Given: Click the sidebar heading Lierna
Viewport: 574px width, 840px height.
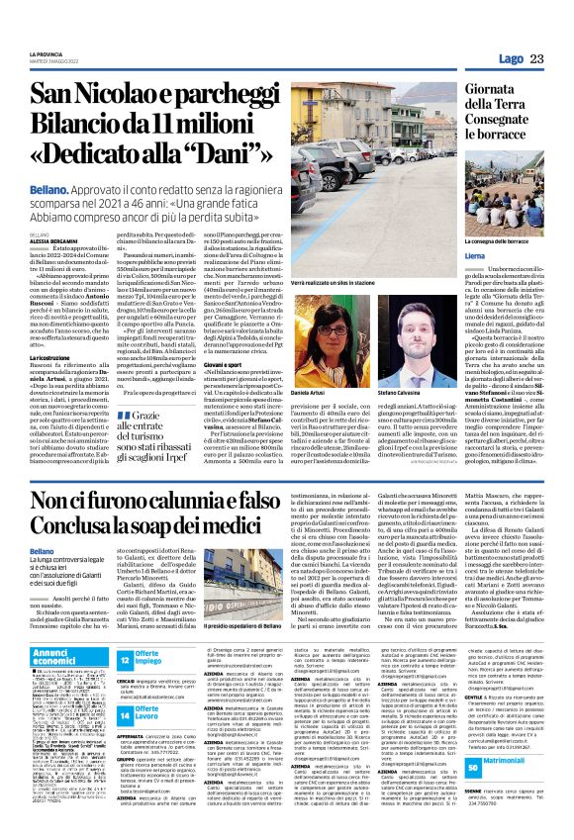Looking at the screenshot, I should coord(476,253).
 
